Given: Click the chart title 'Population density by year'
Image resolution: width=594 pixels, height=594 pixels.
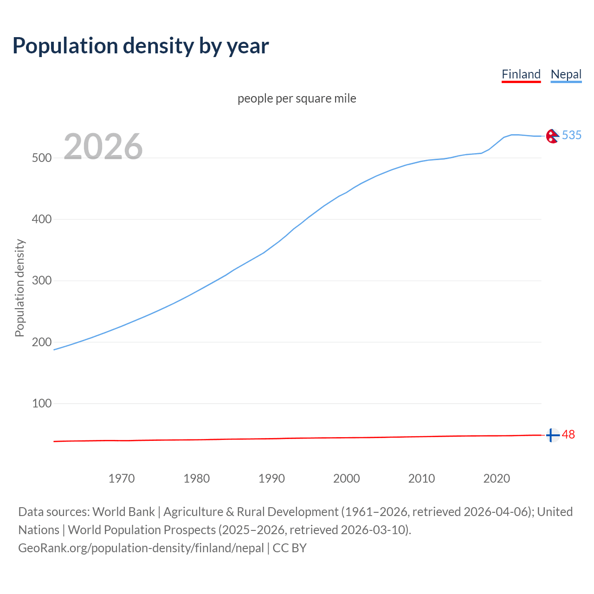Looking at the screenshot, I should [141, 45].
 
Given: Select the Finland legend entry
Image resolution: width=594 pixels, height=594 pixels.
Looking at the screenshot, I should [521, 74].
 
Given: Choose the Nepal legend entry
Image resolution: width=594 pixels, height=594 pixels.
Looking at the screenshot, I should [566, 74].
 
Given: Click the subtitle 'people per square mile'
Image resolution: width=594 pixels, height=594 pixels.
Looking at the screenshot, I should [297, 98].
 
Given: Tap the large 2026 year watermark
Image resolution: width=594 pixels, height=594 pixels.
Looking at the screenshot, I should [103, 147].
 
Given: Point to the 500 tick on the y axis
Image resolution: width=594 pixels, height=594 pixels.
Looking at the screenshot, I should [41, 158].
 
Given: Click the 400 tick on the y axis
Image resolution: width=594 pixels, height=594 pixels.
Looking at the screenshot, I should [41, 219].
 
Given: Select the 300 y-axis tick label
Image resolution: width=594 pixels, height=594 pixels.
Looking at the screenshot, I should [41, 281].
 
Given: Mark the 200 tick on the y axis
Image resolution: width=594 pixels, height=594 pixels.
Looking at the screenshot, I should [41, 342].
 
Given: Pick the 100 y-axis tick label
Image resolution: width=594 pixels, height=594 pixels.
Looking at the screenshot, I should [41, 403].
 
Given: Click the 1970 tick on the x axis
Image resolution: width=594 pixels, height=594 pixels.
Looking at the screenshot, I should [122, 478].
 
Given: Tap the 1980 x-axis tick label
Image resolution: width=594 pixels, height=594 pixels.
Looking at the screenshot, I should [197, 478].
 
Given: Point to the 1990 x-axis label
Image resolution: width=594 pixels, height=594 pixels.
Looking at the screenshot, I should [271, 478].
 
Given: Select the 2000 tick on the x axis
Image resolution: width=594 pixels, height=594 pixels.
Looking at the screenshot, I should [347, 478].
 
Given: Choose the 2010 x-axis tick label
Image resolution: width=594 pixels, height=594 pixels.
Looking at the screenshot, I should [421, 478].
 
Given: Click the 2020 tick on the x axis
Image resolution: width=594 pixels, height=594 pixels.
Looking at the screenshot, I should [497, 478].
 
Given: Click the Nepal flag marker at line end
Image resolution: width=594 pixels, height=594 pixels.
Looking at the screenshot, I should [552, 136].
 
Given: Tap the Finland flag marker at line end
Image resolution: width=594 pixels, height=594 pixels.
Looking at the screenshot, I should [552, 435].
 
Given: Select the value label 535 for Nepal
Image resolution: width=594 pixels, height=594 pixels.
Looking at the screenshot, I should [572, 135].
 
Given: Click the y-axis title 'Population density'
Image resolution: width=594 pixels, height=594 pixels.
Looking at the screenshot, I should [19, 288].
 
